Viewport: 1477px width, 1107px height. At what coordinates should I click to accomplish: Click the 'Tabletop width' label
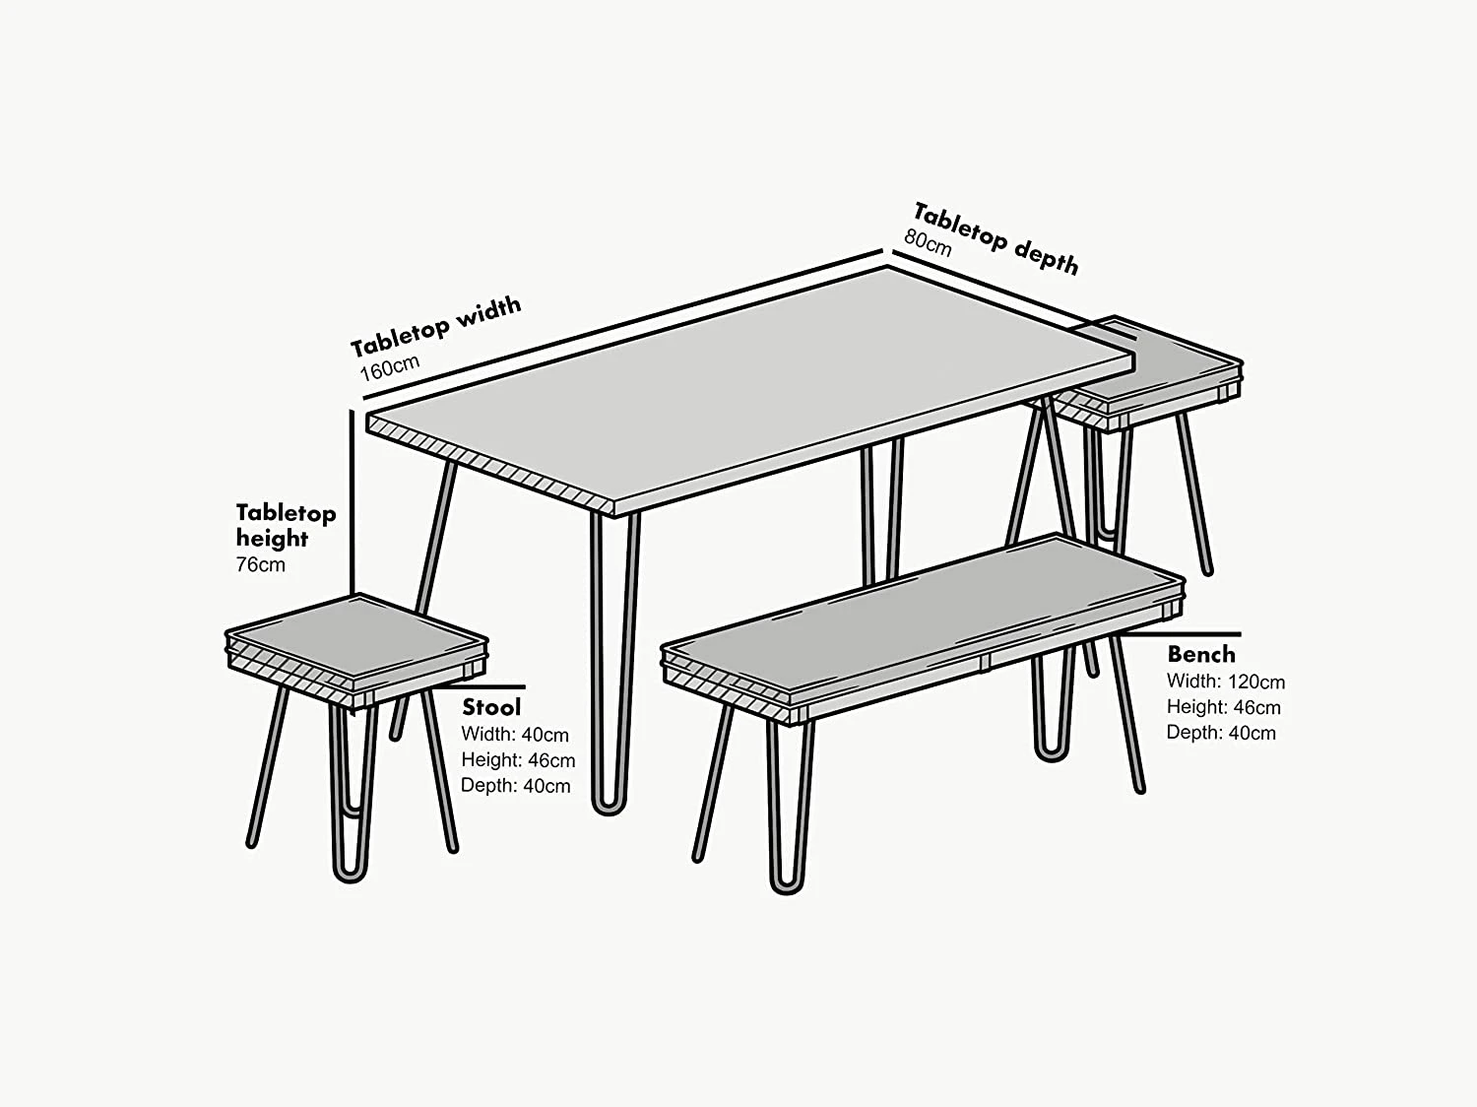435,326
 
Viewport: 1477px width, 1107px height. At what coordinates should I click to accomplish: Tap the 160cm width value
390,367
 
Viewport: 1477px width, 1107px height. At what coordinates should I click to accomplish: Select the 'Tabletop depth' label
996,238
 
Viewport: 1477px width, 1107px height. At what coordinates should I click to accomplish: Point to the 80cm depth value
928,242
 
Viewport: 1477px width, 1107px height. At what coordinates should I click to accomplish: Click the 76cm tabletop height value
260,564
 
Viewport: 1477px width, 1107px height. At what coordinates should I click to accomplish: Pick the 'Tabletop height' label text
286,525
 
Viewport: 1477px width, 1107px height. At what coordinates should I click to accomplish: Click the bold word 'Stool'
491,707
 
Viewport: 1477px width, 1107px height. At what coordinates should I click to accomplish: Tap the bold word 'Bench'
1200,654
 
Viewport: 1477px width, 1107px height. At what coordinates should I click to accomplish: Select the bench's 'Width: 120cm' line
1225,682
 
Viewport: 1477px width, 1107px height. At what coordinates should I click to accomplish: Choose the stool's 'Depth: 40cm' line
515,786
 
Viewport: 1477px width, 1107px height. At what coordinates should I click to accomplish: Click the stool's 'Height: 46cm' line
518,760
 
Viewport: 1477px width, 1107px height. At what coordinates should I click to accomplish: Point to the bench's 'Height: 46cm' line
1223,707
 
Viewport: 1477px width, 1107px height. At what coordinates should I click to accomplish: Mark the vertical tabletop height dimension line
352,502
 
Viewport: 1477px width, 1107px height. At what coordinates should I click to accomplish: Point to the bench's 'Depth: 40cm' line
1221,733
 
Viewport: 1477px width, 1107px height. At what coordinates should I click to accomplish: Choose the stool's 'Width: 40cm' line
515,735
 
